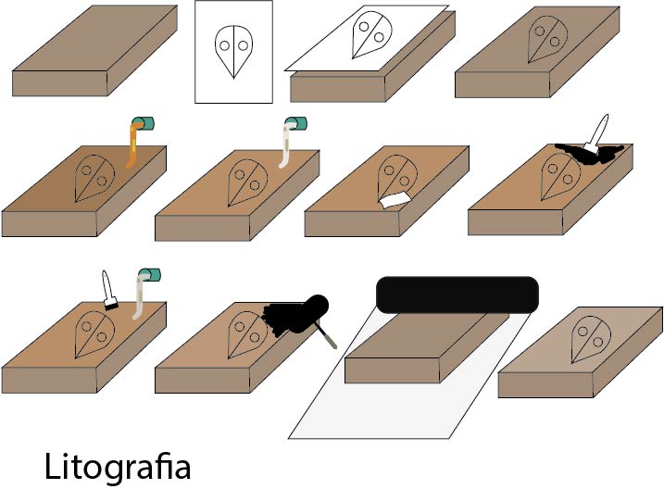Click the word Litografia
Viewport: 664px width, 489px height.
click(x=118, y=466)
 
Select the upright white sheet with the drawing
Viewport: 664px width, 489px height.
click(x=233, y=52)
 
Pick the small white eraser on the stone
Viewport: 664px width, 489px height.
click(x=395, y=197)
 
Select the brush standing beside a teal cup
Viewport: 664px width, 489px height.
click(x=108, y=289)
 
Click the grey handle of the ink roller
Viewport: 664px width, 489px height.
click(x=325, y=334)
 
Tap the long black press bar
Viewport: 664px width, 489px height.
click(x=457, y=294)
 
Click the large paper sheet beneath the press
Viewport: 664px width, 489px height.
click(x=333, y=407)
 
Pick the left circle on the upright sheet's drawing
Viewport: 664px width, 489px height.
click(x=226, y=43)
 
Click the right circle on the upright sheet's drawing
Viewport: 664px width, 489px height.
click(x=241, y=43)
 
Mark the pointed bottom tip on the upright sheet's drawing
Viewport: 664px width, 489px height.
click(x=233, y=76)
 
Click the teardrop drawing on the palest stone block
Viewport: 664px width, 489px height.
click(x=590, y=339)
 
